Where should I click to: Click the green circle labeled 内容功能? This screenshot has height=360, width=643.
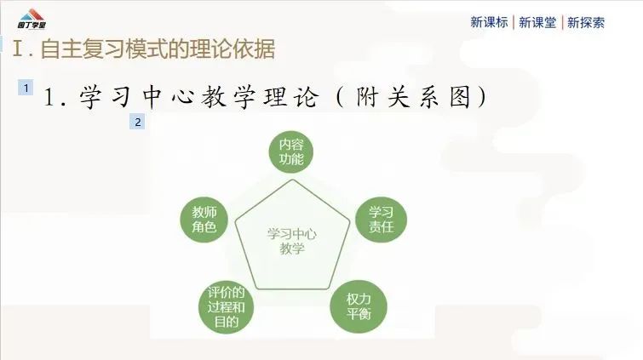click(x=291, y=151)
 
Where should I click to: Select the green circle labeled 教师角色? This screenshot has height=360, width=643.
click(x=204, y=220)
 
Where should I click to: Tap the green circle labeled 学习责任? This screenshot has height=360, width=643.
click(x=381, y=220)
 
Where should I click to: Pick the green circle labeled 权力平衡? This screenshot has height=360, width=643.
click(x=359, y=306)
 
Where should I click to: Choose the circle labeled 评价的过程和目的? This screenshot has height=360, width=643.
click(x=226, y=306)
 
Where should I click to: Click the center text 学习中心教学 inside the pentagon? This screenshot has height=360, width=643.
click(x=291, y=241)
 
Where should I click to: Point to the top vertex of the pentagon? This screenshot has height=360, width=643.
click(x=292, y=180)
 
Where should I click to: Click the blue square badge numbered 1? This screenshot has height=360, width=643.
click(x=26, y=88)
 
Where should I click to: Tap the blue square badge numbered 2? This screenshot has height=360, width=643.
click(x=137, y=122)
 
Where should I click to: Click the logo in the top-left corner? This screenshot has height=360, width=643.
click(x=32, y=19)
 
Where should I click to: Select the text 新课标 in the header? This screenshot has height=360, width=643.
click(x=489, y=22)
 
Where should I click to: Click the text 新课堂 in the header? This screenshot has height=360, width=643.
click(x=537, y=22)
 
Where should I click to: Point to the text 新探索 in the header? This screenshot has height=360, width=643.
click(x=586, y=22)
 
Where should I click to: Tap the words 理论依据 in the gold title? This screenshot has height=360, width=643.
click(x=233, y=49)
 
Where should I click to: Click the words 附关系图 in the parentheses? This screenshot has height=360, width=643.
click(x=413, y=98)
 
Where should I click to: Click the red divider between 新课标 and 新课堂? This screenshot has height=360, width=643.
click(x=514, y=22)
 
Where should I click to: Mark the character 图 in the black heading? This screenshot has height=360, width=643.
click(x=460, y=98)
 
